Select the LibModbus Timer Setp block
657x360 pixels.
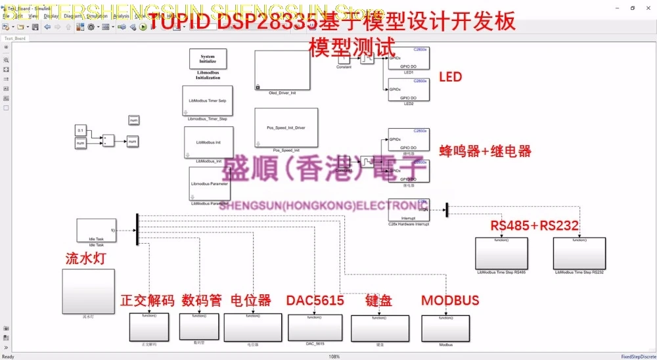tap(208, 101)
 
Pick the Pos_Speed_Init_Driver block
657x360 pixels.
tap(286, 127)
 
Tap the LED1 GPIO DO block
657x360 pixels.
tap(407, 58)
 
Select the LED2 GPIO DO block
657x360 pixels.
tap(407, 90)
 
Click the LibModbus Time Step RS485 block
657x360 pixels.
tap(501, 253)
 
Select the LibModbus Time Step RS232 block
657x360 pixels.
tap(579, 253)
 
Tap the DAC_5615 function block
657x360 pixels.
tap(315, 327)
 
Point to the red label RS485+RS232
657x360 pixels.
tap(534, 226)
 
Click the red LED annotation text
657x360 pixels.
tap(450, 77)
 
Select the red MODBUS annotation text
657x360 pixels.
tap(450, 301)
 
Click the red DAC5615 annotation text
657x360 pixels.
tap(315, 301)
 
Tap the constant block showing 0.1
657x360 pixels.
tap(80, 129)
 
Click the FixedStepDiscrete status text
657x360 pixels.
tap(637, 357)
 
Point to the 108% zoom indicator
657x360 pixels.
tap(334, 357)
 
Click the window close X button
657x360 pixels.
tap(648, 8)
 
